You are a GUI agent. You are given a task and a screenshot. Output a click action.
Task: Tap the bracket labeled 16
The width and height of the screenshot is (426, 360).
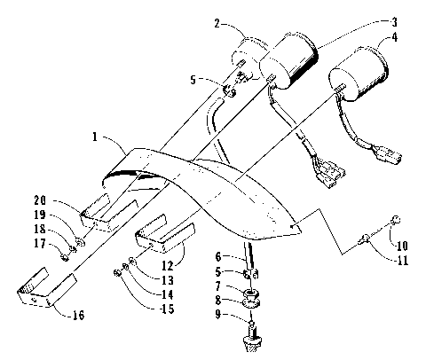(x=40, y=293)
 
